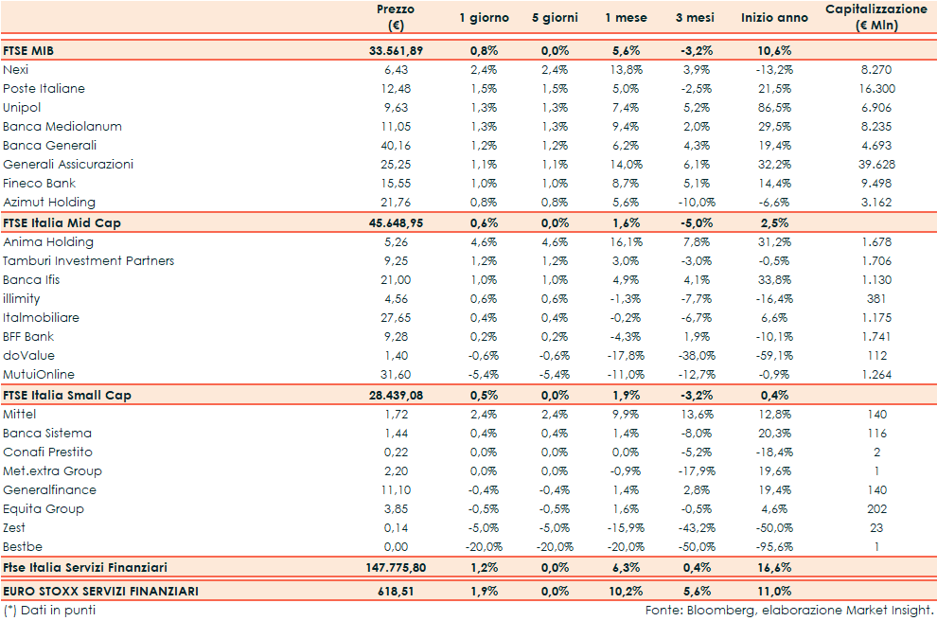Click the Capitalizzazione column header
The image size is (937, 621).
875,17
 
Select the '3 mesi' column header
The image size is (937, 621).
695,18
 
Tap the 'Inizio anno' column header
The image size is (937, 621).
774,18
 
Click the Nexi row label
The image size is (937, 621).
16,69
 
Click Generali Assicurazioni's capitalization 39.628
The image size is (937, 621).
875,164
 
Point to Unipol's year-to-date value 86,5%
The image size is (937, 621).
777,107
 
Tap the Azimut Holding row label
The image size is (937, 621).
49,202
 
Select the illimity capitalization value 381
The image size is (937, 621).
875,298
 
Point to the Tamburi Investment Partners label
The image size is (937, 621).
89,260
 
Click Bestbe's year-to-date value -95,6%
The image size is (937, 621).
777,546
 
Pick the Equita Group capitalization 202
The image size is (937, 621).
875,508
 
